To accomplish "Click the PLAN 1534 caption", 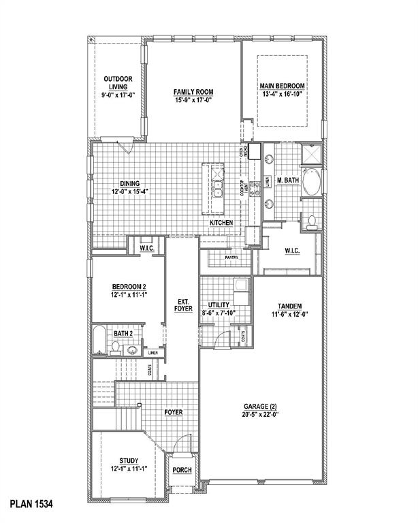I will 31,505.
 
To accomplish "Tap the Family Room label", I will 193,92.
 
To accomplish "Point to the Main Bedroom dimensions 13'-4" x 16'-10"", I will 281,95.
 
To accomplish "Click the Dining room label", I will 129,183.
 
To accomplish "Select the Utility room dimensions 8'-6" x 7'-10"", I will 219,313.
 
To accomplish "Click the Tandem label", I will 290,306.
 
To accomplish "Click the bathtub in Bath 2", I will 99,341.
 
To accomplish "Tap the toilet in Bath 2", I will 116,349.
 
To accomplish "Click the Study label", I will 128,460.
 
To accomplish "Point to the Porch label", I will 182,471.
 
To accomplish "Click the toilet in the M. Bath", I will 311,221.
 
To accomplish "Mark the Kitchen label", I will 221,223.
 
